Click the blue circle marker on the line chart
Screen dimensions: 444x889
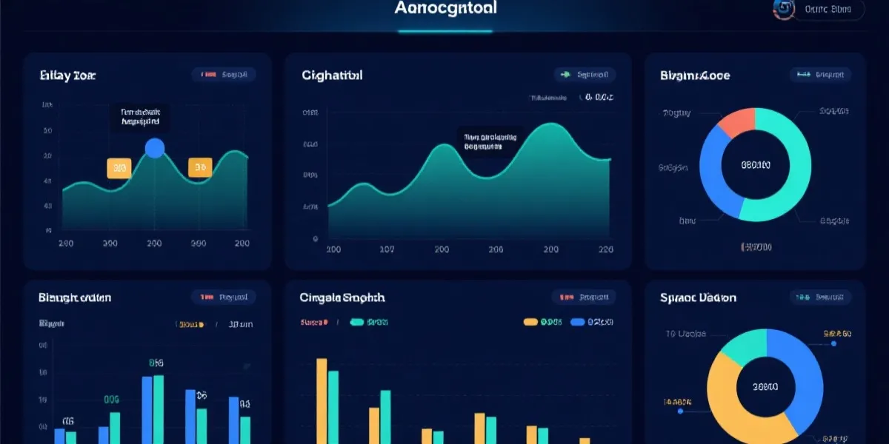155,149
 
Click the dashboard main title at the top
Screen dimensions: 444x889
446,9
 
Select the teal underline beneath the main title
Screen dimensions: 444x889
445,31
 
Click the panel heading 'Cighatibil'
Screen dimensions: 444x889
332,75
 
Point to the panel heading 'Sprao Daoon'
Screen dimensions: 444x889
698,297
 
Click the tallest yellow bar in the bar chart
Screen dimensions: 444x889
322,400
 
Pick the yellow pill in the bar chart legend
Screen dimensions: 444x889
530,322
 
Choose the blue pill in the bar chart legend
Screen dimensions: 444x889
577,322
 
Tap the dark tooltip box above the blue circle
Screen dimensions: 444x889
140,117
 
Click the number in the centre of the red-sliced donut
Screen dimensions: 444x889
756,165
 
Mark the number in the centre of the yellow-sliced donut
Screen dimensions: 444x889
765,386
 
